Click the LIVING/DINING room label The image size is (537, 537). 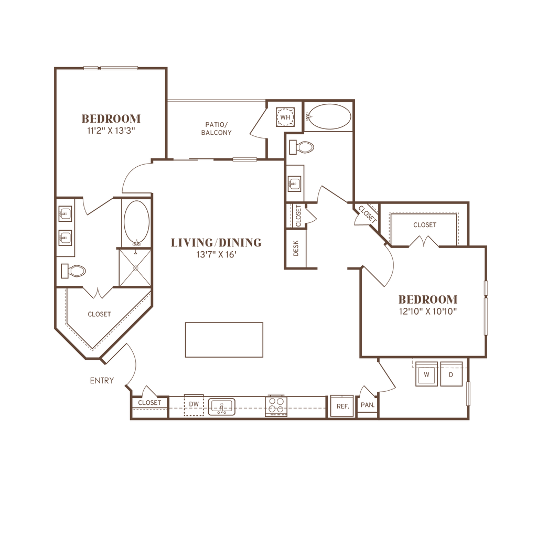216,243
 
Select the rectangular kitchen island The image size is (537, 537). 223,340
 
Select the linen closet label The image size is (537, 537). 295,246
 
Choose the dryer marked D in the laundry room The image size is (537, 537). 450,374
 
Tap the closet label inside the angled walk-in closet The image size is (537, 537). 100,315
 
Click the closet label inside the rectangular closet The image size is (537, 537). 426,224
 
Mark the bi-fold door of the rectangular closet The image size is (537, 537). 426,241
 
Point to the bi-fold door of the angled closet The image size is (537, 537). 98,292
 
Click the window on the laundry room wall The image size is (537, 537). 468,393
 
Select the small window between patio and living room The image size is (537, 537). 245,159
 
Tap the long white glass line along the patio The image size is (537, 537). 216,100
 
